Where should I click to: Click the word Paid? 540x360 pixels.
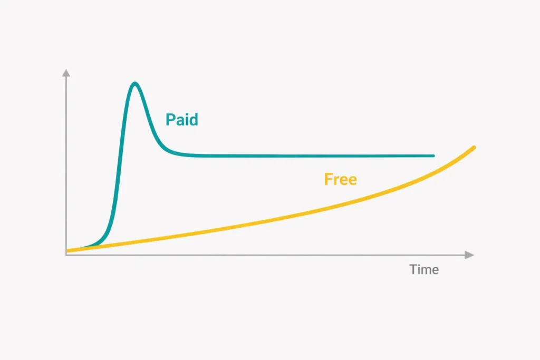(181, 119)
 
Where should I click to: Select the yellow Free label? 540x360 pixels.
(340, 179)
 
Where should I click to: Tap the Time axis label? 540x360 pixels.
(424, 269)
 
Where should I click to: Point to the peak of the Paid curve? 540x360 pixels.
(136, 83)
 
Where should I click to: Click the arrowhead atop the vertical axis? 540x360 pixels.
(66, 73)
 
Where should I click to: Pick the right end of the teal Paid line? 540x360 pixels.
(433, 156)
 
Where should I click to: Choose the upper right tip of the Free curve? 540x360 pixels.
(475, 147)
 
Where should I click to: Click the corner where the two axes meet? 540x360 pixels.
(66, 255)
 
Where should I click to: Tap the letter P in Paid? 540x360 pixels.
(170, 120)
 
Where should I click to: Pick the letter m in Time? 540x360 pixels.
(426, 270)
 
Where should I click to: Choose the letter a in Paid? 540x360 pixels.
(180, 121)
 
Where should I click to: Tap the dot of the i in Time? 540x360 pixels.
(420, 265)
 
